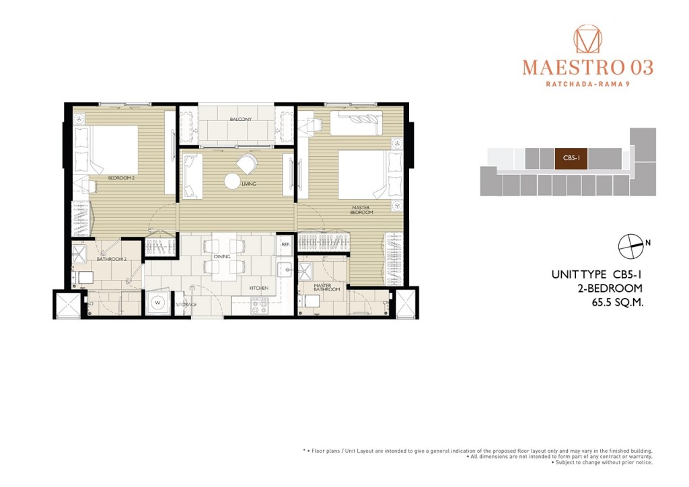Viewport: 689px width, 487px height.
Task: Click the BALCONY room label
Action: [x=240, y=120]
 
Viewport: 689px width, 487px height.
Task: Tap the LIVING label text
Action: [x=250, y=184]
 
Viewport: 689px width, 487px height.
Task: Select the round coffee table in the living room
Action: [x=231, y=181]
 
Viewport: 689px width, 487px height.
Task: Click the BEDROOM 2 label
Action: [x=121, y=178]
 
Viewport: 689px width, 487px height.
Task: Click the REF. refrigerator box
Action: [x=285, y=244]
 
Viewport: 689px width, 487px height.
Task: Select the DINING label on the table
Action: [x=222, y=256]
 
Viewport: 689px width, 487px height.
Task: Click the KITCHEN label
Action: [x=258, y=288]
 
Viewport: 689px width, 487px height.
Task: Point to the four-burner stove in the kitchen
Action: [x=259, y=305]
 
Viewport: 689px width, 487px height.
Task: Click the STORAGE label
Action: [x=186, y=305]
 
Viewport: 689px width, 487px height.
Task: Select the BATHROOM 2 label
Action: [x=111, y=259]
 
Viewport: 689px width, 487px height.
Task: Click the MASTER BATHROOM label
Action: [x=327, y=288]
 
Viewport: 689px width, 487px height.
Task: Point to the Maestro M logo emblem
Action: [x=587, y=40]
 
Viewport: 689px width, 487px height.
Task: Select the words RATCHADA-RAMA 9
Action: [x=587, y=84]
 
